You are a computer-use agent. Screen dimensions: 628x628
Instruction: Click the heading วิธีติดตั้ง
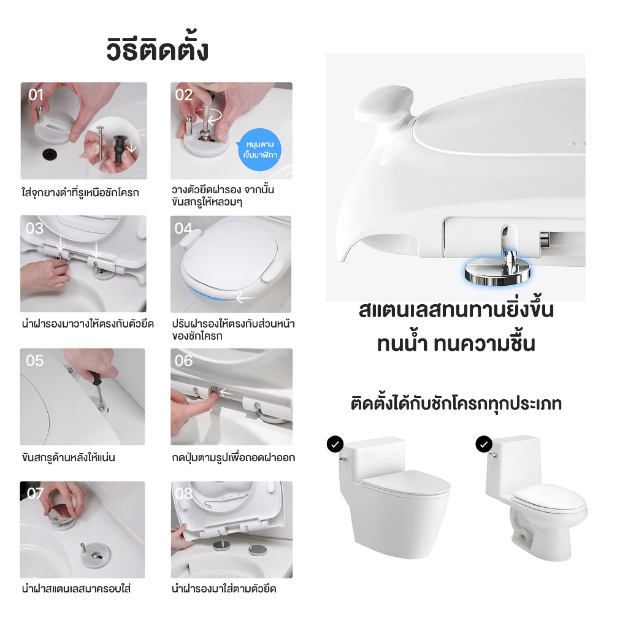[x=158, y=50]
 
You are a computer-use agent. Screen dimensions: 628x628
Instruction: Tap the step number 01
[x=36, y=95]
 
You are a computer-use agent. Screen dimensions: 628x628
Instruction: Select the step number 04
[x=183, y=228]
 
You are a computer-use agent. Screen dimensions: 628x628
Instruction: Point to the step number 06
[x=184, y=361]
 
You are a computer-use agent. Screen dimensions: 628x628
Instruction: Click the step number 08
[x=184, y=494]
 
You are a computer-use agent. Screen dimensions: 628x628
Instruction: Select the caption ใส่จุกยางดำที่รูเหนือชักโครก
[x=80, y=193]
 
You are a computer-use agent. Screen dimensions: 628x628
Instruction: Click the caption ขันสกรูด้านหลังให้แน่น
[x=69, y=457]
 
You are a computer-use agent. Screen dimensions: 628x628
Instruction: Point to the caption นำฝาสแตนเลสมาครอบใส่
[x=76, y=589]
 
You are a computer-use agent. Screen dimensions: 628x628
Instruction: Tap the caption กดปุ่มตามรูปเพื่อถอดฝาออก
[x=234, y=457]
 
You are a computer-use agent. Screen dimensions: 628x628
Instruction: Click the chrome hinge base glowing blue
[x=497, y=273]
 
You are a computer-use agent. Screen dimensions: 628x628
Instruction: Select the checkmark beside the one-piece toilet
[x=335, y=444]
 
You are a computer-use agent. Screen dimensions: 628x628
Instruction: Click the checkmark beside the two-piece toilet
[x=484, y=444]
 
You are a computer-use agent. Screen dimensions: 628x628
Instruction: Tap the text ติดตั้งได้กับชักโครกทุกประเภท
[x=456, y=404]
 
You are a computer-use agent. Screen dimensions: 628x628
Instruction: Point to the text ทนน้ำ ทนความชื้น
[x=456, y=343]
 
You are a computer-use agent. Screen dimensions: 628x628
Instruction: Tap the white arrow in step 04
[x=245, y=298]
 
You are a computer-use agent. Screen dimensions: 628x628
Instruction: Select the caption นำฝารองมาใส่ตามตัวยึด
[x=224, y=589]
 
